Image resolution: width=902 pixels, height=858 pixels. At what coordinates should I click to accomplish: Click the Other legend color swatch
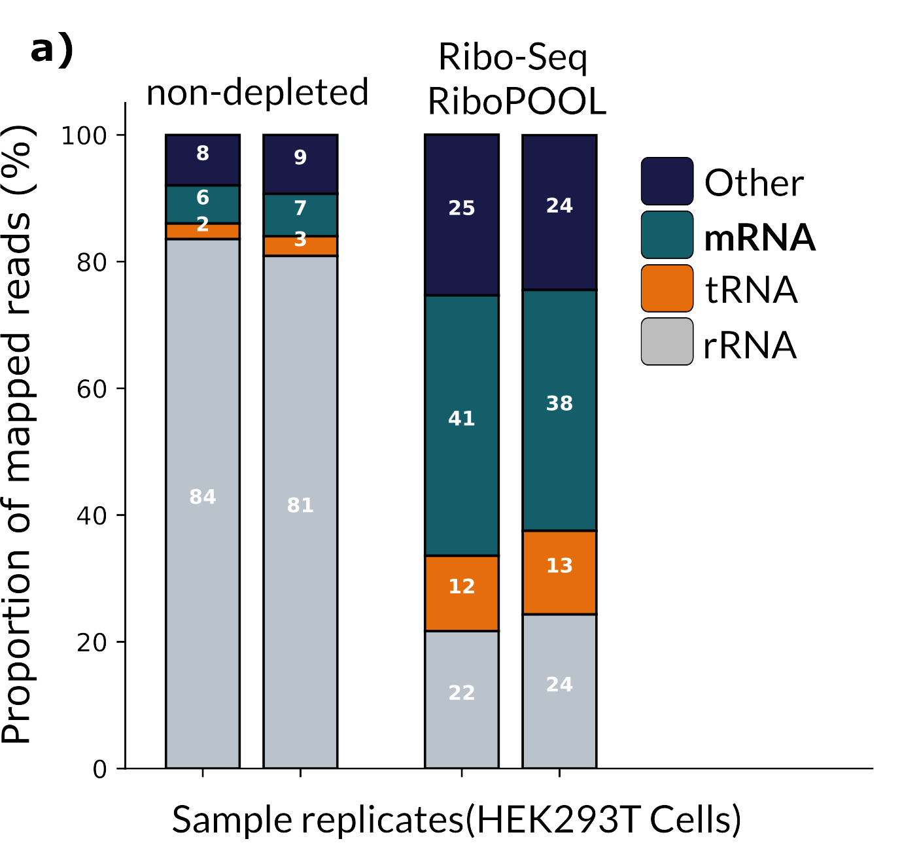coord(667,181)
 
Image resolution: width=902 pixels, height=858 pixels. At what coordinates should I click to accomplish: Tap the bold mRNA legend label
coord(759,237)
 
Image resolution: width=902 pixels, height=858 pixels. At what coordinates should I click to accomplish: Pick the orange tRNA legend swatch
coord(667,288)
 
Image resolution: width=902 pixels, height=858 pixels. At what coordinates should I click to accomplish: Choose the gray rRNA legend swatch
coord(667,341)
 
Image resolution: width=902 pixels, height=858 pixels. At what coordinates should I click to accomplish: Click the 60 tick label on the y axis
coord(92,388)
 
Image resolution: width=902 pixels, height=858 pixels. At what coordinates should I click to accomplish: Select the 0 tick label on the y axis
coord(99,769)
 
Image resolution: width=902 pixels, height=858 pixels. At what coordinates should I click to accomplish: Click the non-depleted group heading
coord(258,92)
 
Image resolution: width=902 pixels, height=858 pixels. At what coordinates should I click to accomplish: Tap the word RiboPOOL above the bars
coord(517,102)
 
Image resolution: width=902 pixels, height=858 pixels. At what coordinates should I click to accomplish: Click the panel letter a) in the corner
coord(52,49)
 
